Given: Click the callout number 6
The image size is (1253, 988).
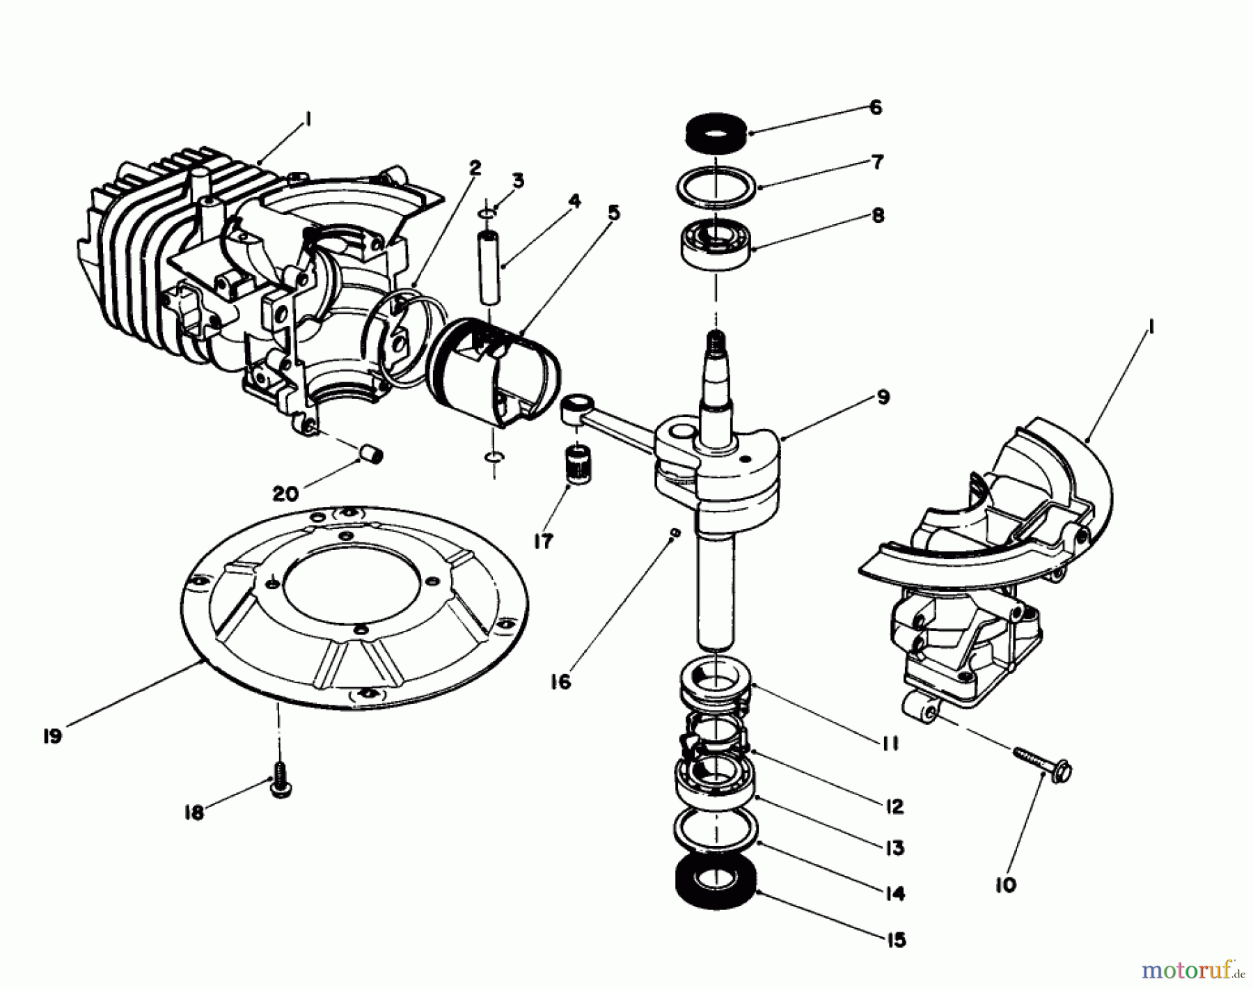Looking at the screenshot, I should pos(876,108).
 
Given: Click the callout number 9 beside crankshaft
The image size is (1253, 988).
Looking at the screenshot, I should pos(883,398).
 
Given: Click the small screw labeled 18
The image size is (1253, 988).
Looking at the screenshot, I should pos(279,787).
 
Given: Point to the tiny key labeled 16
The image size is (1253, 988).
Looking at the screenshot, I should pos(673,533).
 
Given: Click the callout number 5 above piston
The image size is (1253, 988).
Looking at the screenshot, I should pos(613,212).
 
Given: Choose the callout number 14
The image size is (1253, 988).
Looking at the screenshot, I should pos(895,893).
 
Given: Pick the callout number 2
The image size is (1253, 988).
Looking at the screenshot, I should pos(475,168).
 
